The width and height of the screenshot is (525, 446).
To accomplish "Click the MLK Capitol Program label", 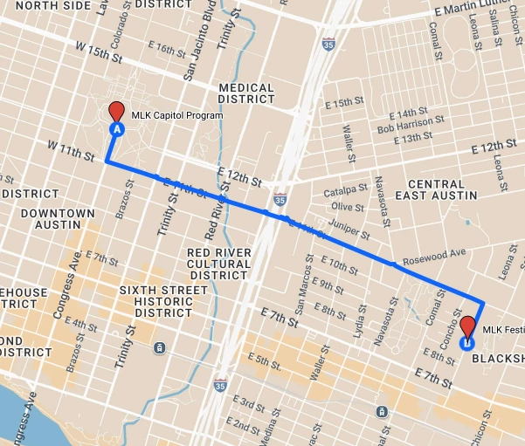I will click(x=177, y=115).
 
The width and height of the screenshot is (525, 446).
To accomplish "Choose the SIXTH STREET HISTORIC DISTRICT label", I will click(x=155, y=301).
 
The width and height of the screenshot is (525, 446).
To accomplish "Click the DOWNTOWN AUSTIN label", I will click(x=58, y=218).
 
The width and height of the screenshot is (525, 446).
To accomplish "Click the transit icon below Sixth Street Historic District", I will click(x=158, y=347).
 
